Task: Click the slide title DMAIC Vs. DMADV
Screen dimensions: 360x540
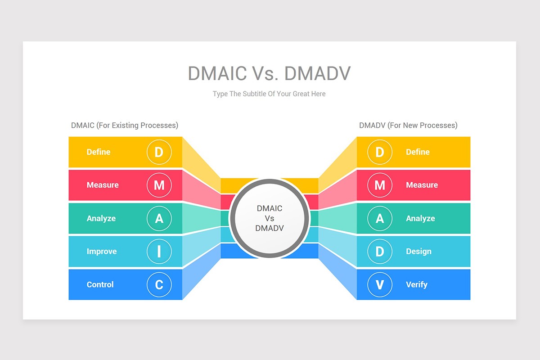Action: [x=269, y=73]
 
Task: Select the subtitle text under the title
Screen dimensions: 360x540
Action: [x=269, y=94]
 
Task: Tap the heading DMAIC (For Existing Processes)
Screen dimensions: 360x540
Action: [x=125, y=125]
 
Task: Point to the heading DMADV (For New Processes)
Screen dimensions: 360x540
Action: [x=408, y=125]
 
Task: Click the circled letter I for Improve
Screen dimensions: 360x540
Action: [x=159, y=252]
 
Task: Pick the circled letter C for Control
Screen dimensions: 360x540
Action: [x=159, y=284]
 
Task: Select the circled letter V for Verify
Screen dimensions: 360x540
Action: [x=380, y=284]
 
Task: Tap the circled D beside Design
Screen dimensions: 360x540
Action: [x=380, y=252]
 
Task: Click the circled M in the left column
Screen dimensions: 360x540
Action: [x=159, y=185]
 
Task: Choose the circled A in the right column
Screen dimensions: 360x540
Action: [x=380, y=218]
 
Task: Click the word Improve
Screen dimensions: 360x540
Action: [x=102, y=252]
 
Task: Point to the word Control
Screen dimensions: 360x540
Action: [x=100, y=284]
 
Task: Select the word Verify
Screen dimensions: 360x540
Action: [x=417, y=284]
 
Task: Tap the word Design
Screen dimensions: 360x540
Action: [x=418, y=252]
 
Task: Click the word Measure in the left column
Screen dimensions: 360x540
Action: [x=103, y=185]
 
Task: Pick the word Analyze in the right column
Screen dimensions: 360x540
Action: [x=420, y=218]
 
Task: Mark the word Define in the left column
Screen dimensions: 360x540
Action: [x=99, y=152]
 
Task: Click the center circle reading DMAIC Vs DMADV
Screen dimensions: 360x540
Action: [x=270, y=218]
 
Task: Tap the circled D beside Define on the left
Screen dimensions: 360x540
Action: [x=159, y=152]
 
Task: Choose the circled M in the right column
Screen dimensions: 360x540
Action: [x=380, y=185]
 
